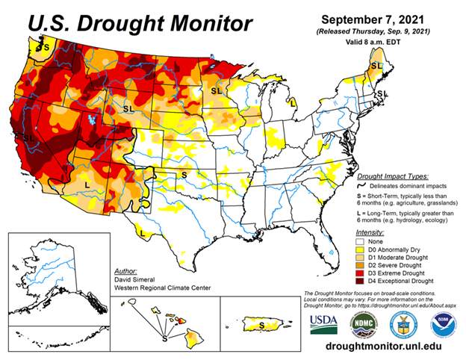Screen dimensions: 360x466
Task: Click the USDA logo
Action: pos(325,321)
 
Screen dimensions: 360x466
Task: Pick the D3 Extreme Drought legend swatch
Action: pos(361,273)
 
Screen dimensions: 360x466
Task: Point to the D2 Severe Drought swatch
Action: pos(361,264)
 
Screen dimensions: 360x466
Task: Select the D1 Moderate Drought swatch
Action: pos(361,256)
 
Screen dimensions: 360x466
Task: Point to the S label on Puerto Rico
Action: pos(261,326)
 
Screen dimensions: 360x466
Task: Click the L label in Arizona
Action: pos(87,184)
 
